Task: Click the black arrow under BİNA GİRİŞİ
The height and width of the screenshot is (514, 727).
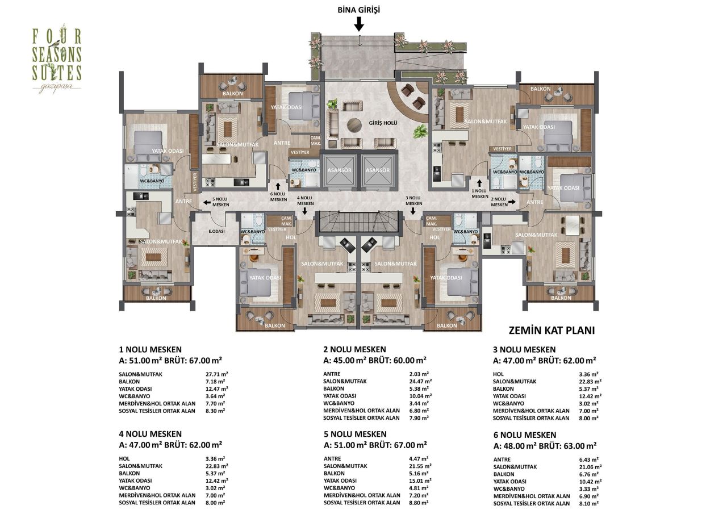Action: pos(359,23)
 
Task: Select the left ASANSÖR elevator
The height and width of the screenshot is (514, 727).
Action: pos(340,170)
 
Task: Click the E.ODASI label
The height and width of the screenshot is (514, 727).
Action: pos(215,231)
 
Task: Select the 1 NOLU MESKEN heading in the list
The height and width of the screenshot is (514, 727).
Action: pos(151,349)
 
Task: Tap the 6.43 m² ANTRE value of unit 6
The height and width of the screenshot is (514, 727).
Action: pos(591,459)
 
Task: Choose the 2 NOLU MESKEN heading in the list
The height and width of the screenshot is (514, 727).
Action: pos(354,349)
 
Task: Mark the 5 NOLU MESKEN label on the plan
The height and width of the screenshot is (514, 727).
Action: pos(220,202)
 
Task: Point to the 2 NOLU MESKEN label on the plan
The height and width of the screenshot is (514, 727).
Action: pos(499,202)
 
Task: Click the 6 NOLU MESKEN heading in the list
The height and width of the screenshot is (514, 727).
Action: pos(525,435)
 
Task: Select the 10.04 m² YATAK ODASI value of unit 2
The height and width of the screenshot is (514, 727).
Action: pos(421,395)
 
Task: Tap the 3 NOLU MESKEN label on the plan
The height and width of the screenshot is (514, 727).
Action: pos(414,200)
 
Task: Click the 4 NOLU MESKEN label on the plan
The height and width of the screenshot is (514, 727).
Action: pos(305,200)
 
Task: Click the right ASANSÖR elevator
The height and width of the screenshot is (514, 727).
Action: pos(378,170)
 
